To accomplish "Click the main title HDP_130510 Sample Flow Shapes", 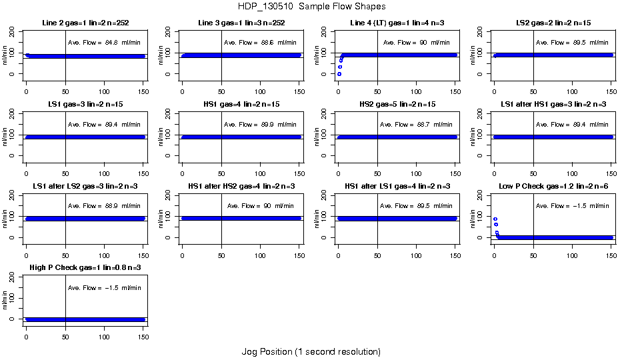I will click(x=311, y=7).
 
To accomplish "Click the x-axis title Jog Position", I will click(x=311, y=351).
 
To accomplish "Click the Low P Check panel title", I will click(x=553, y=186).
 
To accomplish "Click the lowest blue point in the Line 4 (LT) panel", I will click(x=339, y=74).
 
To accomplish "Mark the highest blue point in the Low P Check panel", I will click(x=495, y=219).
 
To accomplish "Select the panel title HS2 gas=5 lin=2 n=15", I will click(x=397, y=105).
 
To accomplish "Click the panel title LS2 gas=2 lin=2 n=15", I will click(x=553, y=23).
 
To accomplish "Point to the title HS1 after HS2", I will click(x=241, y=186).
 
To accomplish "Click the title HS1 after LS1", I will click(x=397, y=186).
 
